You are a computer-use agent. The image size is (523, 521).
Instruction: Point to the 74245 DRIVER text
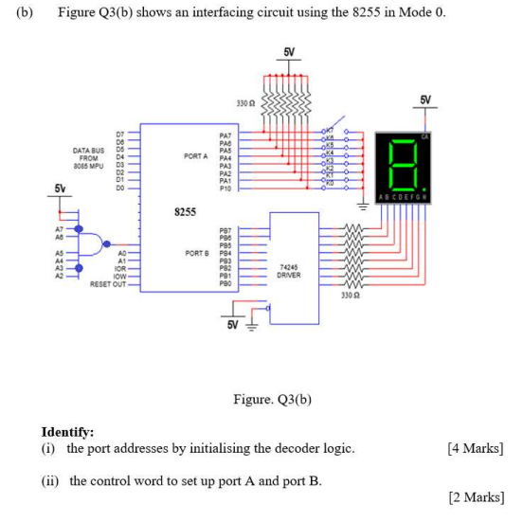tap(290, 271)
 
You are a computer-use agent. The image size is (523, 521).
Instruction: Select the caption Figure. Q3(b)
tap(273, 400)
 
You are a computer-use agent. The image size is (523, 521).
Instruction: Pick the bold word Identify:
tap(67, 432)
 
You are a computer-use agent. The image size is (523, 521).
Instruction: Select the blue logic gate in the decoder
tap(91, 243)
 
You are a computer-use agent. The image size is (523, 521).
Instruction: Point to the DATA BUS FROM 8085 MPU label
tap(86, 156)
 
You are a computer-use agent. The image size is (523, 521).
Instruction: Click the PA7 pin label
tap(225, 136)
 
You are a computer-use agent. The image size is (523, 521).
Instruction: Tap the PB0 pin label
tap(225, 283)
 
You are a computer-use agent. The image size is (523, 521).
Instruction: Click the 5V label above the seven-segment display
tap(425, 100)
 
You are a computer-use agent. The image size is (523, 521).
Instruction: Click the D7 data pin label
tap(120, 135)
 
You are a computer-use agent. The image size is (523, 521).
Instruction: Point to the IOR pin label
tap(119, 269)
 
